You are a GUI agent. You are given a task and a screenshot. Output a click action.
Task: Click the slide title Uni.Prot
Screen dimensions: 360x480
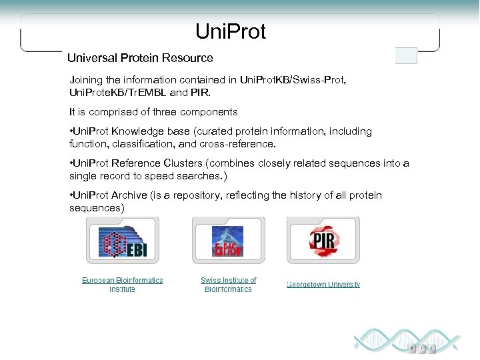(x=231, y=31)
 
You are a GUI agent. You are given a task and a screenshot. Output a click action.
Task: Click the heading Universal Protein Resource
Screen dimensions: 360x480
(x=140, y=58)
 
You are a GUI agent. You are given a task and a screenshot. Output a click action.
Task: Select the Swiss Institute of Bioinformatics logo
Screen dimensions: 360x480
(x=228, y=241)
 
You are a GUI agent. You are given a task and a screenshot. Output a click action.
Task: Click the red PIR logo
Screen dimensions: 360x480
(x=323, y=240)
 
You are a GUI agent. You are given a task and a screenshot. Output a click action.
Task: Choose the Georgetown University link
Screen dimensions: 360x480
(x=323, y=285)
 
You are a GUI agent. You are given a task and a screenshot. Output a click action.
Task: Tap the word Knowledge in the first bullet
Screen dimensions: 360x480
(x=142, y=131)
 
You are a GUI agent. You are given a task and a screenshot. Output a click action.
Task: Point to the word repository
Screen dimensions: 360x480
(x=198, y=195)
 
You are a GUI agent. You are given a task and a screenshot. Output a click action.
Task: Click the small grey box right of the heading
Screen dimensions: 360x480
(x=406, y=56)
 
